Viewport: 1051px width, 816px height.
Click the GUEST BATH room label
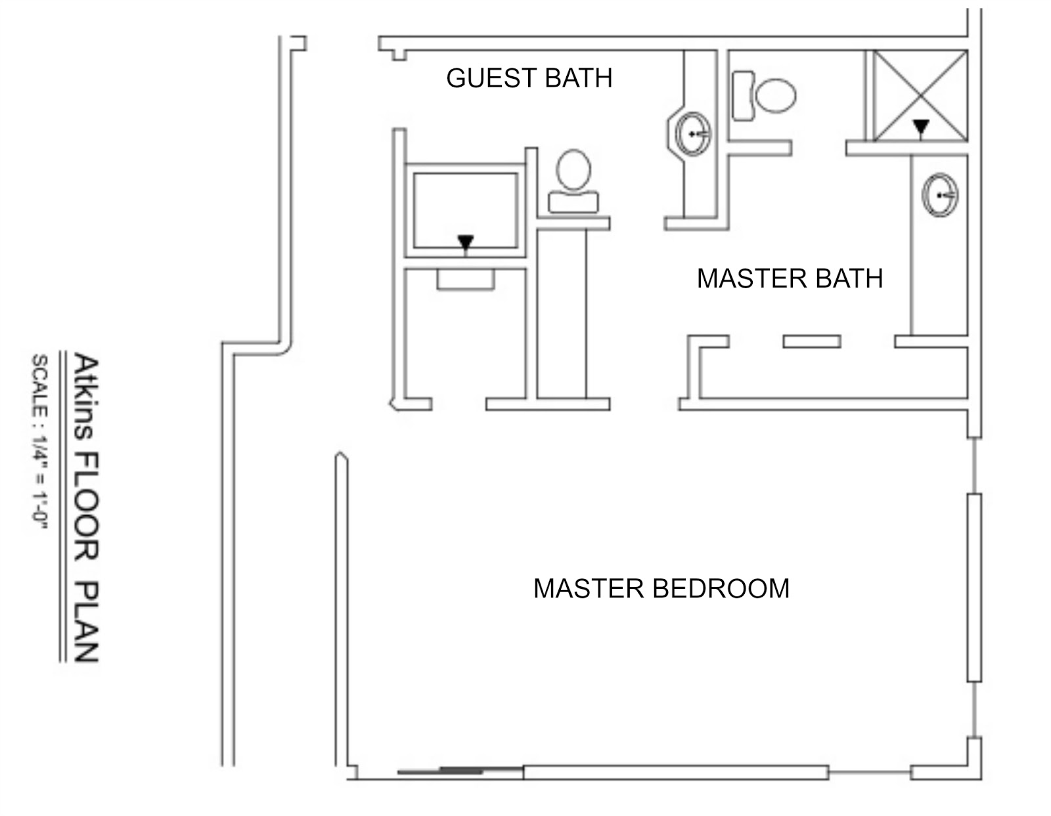pos(529,78)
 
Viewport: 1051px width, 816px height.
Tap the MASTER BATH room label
pos(790,278)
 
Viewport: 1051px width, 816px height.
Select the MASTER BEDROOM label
pos(661,588)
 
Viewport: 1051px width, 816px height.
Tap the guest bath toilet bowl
pos(573,169)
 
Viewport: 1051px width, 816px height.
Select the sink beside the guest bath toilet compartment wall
pos(693,133)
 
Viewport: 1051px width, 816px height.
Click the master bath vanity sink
pos(939,195)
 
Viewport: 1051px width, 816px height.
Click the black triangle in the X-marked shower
pos(921,126)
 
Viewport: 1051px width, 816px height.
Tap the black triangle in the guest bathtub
pos(466,242)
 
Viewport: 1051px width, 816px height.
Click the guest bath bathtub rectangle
pos(465,210)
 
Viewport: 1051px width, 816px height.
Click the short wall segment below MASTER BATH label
pos(811,341)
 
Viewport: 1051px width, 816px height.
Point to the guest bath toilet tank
pos(573,202)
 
